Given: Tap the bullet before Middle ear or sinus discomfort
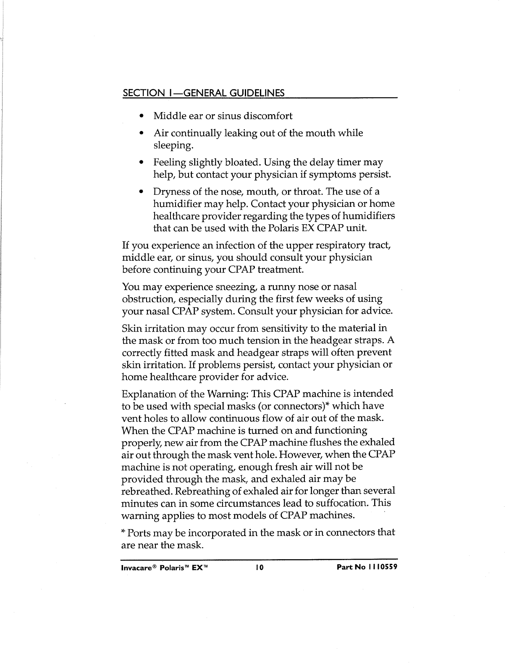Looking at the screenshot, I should [143, 116].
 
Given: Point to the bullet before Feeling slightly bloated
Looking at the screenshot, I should [143, 162].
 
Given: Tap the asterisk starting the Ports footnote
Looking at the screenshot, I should [123, 532].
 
